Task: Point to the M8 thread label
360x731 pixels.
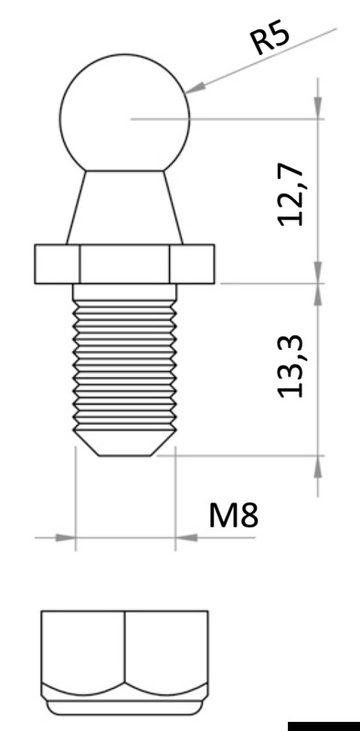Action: click(x=234, y=515)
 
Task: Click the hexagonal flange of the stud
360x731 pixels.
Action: click(x=124, y=263)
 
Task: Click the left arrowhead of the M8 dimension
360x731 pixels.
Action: click(x=64, y=538)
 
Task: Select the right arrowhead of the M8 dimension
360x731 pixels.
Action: click(x=185, y=538)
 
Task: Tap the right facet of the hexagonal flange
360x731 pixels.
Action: click(x=193, y=263)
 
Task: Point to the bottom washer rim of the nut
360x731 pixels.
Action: click(x=124, y=706)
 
